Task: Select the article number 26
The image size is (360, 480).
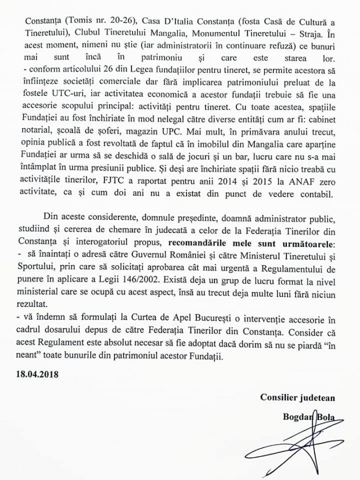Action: (x=92, y=69)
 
